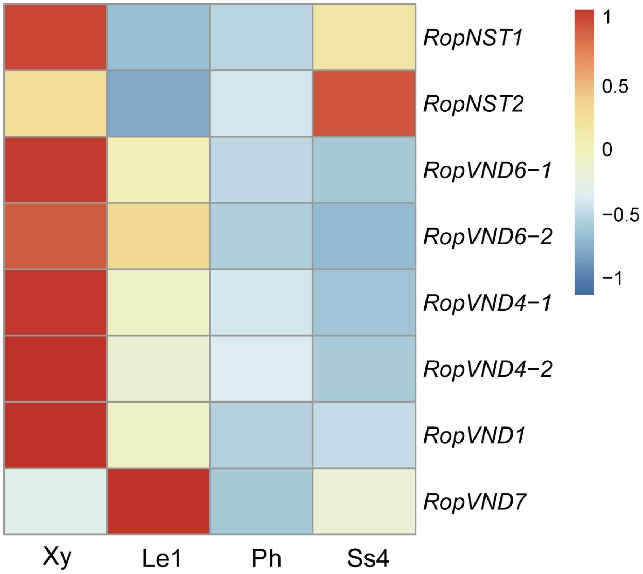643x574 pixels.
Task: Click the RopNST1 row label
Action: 473,38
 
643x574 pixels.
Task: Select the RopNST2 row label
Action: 473,104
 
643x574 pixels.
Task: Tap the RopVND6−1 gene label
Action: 487,170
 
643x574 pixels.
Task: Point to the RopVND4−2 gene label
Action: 487,369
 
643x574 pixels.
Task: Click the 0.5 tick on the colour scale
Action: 615,87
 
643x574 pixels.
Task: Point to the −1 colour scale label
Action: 612,278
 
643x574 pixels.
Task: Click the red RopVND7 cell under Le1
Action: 159,501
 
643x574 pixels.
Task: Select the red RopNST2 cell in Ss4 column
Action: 364,104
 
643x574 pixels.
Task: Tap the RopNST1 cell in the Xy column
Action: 55,37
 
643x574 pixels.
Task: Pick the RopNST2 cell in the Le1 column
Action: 159,104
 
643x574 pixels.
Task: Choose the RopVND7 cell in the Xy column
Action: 55,501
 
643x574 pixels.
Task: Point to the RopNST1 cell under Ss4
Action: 364,37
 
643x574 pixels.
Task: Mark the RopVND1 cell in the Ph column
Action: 261,435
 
